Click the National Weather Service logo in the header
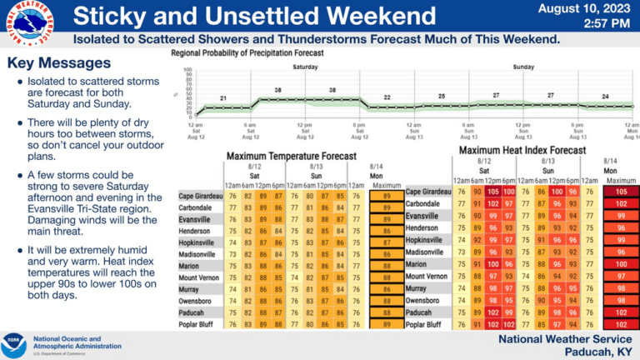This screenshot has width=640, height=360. (x=28, y=21)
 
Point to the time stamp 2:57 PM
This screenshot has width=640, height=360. (x=607, y=23)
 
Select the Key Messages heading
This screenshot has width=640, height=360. (x=58, y=63)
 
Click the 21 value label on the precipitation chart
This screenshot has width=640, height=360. (x=223, y=98)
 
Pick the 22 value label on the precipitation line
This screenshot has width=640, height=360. (x=387, y=97)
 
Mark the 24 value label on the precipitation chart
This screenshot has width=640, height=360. (x=605, y=97)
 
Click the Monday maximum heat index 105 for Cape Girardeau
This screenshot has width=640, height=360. (x=621, y=192)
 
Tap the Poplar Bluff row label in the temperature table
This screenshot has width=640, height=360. (x=199, y=324)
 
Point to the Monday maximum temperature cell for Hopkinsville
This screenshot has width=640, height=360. (x=382, y=242)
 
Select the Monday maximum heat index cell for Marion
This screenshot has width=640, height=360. (x=621, y=264)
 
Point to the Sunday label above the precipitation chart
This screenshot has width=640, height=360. (x=523, y=66)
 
